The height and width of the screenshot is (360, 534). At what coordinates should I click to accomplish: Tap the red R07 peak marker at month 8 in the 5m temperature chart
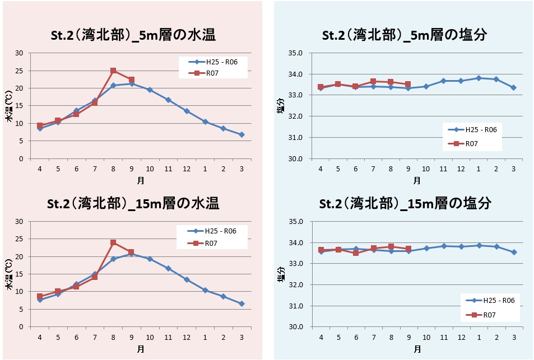[113, 71]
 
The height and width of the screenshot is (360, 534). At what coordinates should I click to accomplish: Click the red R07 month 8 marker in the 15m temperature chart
[113, 242]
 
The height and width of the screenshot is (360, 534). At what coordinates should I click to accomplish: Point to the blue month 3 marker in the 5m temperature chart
[242, 134]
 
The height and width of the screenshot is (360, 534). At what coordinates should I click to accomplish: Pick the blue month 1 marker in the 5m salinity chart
[479, 78]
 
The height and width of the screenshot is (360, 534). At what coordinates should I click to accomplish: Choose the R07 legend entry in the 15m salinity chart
[488, 315]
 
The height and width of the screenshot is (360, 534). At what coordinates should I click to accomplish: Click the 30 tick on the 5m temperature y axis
[20, 53]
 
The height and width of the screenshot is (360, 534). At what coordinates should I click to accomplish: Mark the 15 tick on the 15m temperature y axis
[20, 274]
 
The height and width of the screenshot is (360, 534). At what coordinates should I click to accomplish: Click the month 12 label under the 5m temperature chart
[187, 169]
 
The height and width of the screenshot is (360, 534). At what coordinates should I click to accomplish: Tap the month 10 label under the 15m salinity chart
[426, 337]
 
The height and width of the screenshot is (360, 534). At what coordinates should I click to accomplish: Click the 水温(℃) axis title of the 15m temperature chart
[9, 274]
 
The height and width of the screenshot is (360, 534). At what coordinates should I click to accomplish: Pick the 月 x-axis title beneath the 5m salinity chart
[417, 180]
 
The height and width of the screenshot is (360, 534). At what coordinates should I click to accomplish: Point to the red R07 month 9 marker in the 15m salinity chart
[408, 249]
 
